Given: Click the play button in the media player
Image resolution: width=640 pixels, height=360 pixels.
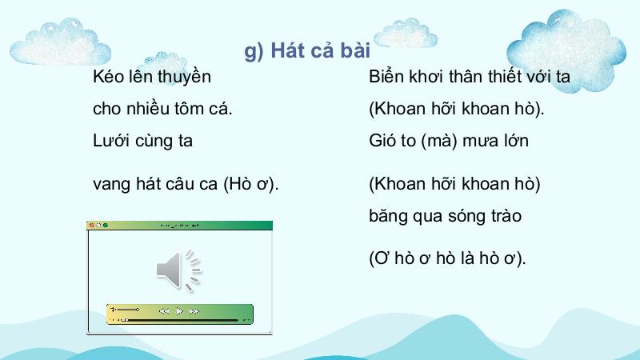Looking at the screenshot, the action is coord(179,311).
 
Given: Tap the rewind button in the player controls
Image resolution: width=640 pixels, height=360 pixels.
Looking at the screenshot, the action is coord(164,311).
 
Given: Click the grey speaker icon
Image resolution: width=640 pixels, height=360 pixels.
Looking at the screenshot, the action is coord(179,270).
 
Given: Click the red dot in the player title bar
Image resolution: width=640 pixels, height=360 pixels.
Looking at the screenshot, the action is coord(92,226).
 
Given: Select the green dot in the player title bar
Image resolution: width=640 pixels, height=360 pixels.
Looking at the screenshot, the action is coord(106,226).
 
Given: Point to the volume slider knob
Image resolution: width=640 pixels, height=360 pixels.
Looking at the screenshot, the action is coord(138,310).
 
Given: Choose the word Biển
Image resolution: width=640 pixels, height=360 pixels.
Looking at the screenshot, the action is coord(386,76).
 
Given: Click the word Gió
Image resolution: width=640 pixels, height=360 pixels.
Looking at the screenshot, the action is coord(382,141).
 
